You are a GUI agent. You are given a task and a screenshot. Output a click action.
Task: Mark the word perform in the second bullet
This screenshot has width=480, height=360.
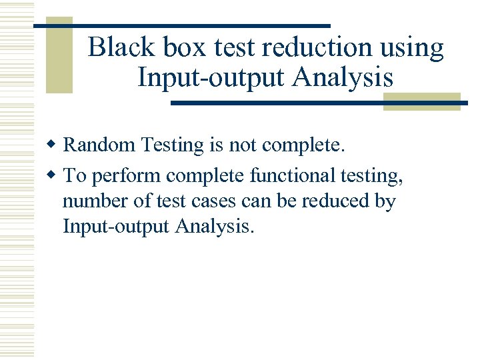125,176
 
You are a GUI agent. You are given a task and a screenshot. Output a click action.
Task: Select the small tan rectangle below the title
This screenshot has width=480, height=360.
421,101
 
